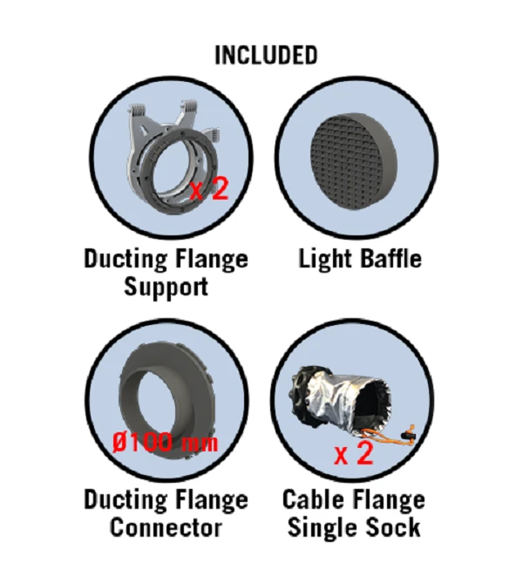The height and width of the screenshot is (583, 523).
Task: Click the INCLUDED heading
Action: pos(266,55)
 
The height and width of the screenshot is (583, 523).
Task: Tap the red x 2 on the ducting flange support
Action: pos(208,190)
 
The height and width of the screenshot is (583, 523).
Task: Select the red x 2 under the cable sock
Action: pos(353,453)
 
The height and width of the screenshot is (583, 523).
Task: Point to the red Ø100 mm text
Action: pos(165,443)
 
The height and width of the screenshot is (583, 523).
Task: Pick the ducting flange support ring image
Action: pos(173,156)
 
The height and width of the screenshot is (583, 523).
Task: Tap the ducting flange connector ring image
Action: pos(167,401)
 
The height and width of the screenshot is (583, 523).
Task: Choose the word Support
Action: pos(166,287)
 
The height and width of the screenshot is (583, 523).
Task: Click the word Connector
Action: pos(166,527)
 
